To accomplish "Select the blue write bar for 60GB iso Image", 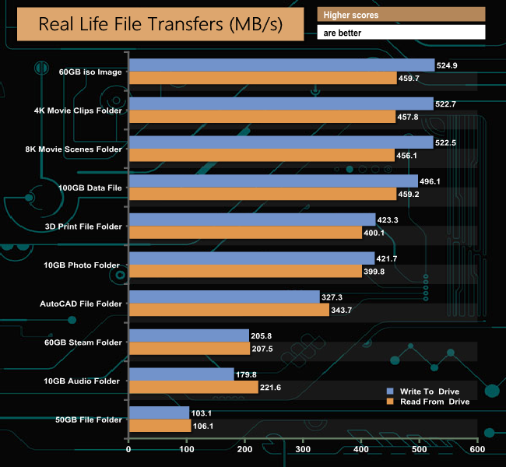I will [x=281, y=65].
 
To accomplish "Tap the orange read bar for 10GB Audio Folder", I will [x=193, y=388].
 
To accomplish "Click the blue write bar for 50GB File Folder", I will [x=159, y=413].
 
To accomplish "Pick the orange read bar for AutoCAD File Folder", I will [x=229, y=310].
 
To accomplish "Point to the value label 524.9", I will [x=450, y=65].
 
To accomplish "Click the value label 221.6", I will [x=273, y=388].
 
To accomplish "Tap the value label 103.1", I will [x=205, y=413].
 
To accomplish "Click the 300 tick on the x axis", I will [x=303, y=450].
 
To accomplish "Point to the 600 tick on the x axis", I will [x=477, y=450].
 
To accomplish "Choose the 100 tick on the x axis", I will [x=187, y=450].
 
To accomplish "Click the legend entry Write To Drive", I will [x=428, y=390].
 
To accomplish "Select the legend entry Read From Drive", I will [x=431, y=402].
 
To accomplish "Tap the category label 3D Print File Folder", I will [x=84, y=226].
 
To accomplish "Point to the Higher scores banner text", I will [x=351, y=15].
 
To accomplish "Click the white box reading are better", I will [x=401, y=32].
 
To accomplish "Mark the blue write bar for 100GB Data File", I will [x=273, y=181].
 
